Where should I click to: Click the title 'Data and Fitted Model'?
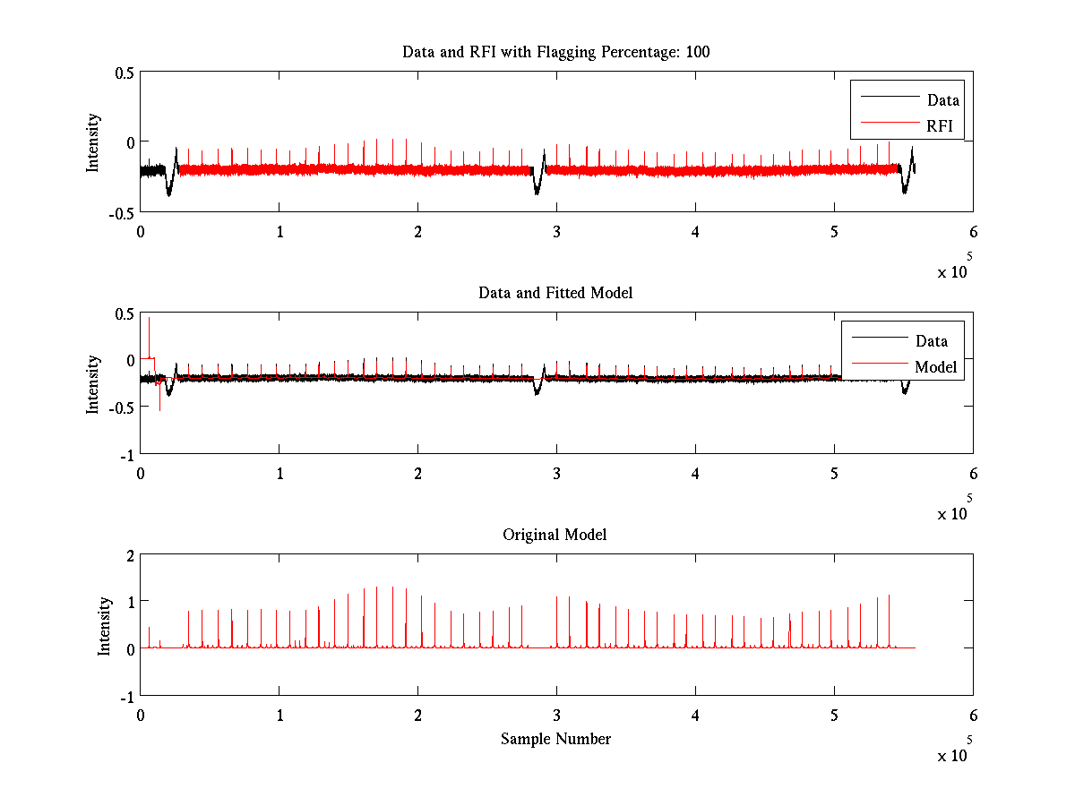point(555,293)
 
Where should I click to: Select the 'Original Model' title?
point(555,535)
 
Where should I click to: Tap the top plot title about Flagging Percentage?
point(555,52)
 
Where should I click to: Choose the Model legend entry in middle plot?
point(935,366)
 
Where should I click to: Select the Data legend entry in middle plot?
point(931,340)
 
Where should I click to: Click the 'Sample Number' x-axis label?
point(555,739)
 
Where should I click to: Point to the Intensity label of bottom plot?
point(105,625)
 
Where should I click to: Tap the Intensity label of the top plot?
point(93,141)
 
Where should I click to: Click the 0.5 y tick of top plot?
point(125,73)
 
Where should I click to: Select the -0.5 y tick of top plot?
point(122,212)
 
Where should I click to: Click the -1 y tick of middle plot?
point(127,454)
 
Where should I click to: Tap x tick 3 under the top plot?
point(556,230)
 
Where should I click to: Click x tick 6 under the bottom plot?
point(973,714)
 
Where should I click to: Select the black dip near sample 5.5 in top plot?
point(905,186)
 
